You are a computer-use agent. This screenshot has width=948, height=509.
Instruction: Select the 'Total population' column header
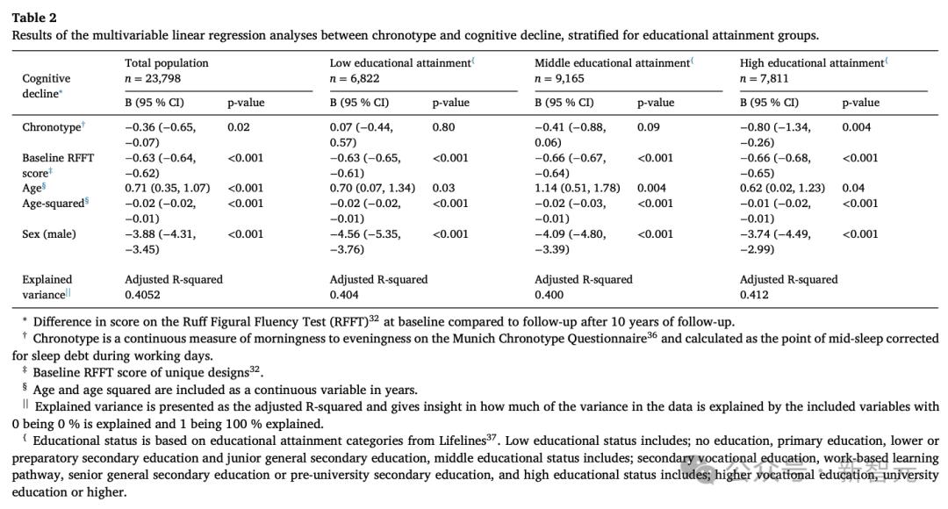pyautogui.click(x=167, y=63)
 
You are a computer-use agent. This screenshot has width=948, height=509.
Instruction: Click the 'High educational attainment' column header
pyautogui.click(x=812, y=63)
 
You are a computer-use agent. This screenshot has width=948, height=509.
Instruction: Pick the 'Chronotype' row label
pyautogui.click(x=51, y=127)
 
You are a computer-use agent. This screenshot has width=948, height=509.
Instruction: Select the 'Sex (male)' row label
pyautogui.click(x=49, y=234)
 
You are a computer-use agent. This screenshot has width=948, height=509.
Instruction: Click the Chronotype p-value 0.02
pyautogui.click(x=238, y=127)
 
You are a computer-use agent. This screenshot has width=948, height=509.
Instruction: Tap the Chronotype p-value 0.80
pyautogui.click(x=443, y=127)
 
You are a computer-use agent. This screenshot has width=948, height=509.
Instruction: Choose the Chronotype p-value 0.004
pyautogui.click(x=857, y=127)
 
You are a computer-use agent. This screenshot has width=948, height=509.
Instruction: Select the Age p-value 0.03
pyautogui.click(x=443, y=188)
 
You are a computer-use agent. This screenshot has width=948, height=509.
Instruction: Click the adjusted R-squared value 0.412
pyautogui.click(x=754, y=295)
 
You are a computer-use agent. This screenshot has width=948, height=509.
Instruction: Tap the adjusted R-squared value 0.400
pyautogui.click(x=549, y=295)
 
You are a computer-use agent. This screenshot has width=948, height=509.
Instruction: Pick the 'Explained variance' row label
pyautogui.click(x=47, y=287)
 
